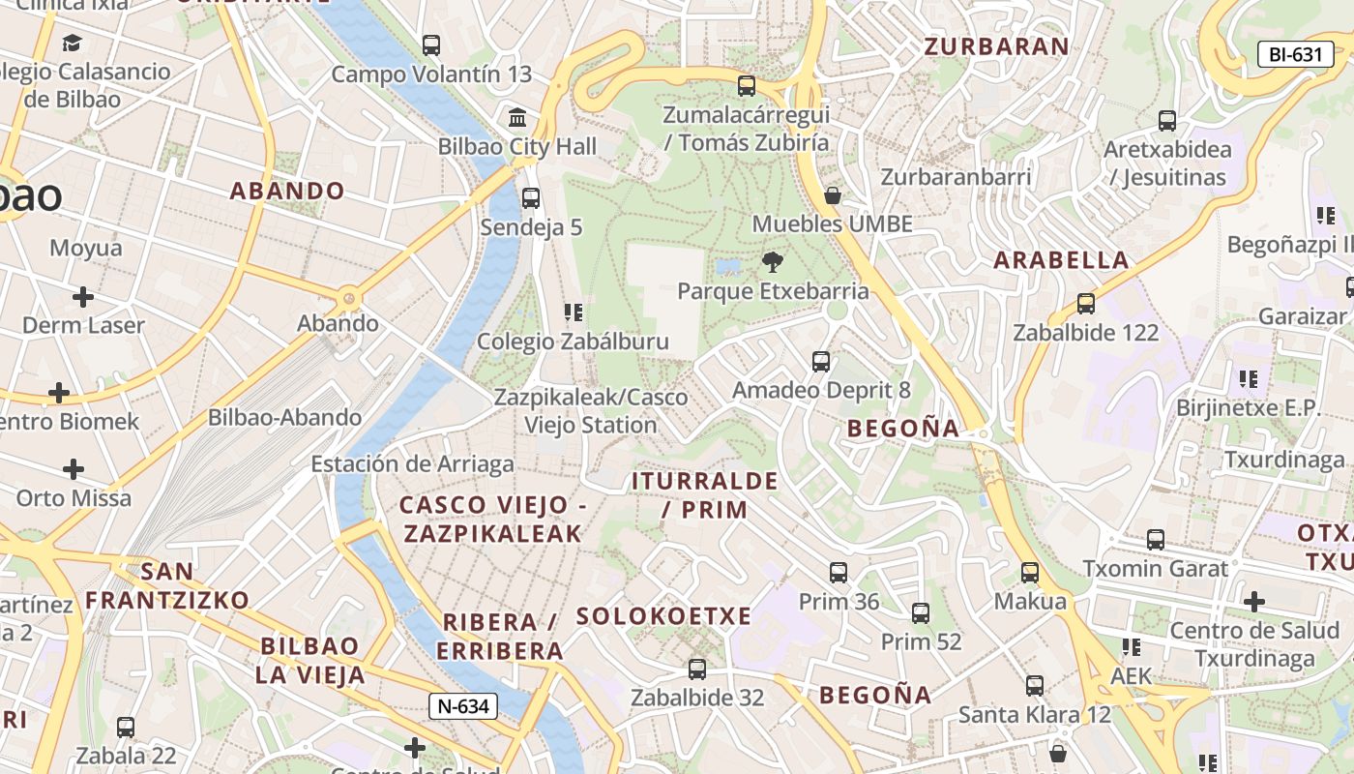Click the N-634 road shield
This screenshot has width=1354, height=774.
tap(463, 706)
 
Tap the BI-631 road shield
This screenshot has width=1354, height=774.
tap(1295, 54)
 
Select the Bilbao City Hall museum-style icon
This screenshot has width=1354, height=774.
tap(517, 118)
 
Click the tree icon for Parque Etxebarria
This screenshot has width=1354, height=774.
tap(772, 261)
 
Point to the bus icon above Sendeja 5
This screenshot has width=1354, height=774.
tap(531, 198)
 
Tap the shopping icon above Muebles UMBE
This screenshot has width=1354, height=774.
tap(832, 196)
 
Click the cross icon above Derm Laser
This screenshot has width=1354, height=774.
tap(83, 296)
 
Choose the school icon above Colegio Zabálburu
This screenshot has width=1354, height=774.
tap(573, 313)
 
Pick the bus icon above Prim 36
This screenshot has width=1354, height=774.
tap(839, 573)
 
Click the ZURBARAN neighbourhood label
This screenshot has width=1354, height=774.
tap(996, 46)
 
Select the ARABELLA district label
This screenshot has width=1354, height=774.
tap(1061, 260)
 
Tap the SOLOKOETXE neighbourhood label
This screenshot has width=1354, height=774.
tap(663, 616)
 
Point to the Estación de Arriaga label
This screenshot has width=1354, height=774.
tap(412, 464)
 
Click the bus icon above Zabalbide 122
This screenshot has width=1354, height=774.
tap(1086, 304)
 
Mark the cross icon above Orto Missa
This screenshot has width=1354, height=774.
tap(74, 470)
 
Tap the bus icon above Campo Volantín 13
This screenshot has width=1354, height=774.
tap(431, 45)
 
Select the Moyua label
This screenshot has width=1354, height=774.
tap(86, 249)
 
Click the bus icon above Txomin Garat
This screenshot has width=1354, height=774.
tap(1156, 540)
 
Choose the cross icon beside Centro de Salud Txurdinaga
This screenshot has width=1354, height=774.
tap(1254, 602)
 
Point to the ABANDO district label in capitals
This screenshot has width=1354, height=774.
tap(287, 191)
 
